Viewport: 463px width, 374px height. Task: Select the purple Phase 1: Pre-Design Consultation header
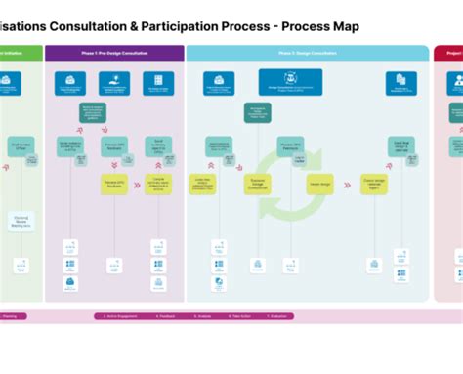114,54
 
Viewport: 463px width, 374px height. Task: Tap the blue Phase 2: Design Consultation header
307,54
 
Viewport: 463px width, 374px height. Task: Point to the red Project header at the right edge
451,54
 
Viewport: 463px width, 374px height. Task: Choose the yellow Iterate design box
319,184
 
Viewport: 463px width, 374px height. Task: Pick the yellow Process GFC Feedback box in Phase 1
114,184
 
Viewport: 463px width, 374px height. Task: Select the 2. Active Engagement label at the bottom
122,316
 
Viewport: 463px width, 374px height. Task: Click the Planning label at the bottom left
10,316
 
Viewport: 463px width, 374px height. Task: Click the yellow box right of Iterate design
374,184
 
